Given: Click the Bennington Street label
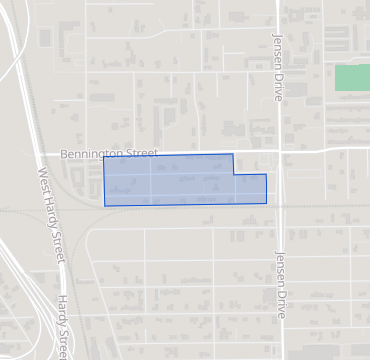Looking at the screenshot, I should (109, 154).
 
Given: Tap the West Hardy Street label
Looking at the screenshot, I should (52, 215).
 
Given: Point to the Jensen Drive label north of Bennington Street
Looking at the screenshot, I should (278, 66).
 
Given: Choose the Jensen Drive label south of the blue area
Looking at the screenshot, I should (281, 283).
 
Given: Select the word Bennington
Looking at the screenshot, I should (94, 154).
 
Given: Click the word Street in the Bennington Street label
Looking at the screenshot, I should (143, 154).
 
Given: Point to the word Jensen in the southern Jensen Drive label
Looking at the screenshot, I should (281, 266).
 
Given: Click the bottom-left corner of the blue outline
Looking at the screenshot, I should (104, 206).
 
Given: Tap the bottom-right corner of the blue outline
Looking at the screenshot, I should (267, 204).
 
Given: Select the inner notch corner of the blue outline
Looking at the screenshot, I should (234, 174).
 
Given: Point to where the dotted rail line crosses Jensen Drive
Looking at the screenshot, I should (281, 208).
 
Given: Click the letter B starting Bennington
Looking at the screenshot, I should (63, 154).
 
